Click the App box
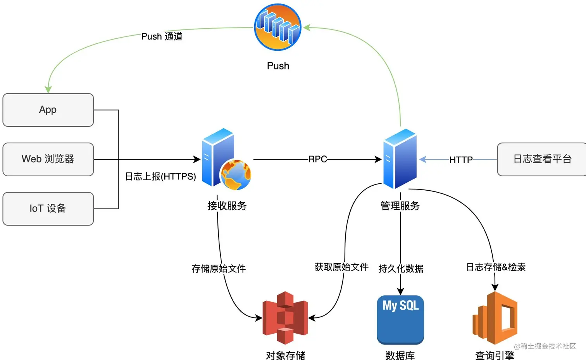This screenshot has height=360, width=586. (48, 110)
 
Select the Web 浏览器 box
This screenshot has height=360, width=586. (48, 159)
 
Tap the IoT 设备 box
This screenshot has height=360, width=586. (48, 208)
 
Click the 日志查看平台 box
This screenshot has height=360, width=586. (542, 159)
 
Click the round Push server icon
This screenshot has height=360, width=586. (277, 27)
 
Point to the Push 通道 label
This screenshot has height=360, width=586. (162, 36)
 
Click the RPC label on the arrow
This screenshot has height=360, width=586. (317, 159)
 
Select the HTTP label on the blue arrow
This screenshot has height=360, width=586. (461, 160)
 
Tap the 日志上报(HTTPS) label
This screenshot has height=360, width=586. (160, 177)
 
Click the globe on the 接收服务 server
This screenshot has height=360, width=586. (236, 175)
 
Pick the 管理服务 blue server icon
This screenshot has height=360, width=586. (400, 158)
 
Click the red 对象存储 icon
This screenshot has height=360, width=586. (285, 318)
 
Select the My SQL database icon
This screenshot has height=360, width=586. (400, 319)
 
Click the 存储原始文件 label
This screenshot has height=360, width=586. (219, 269)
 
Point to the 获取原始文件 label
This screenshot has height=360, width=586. (341, 267)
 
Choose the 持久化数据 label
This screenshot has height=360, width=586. (401, 269)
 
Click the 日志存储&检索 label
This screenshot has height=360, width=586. (496, 267)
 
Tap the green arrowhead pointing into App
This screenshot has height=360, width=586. (48, 90)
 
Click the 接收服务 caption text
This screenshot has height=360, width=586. (227, 206)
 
